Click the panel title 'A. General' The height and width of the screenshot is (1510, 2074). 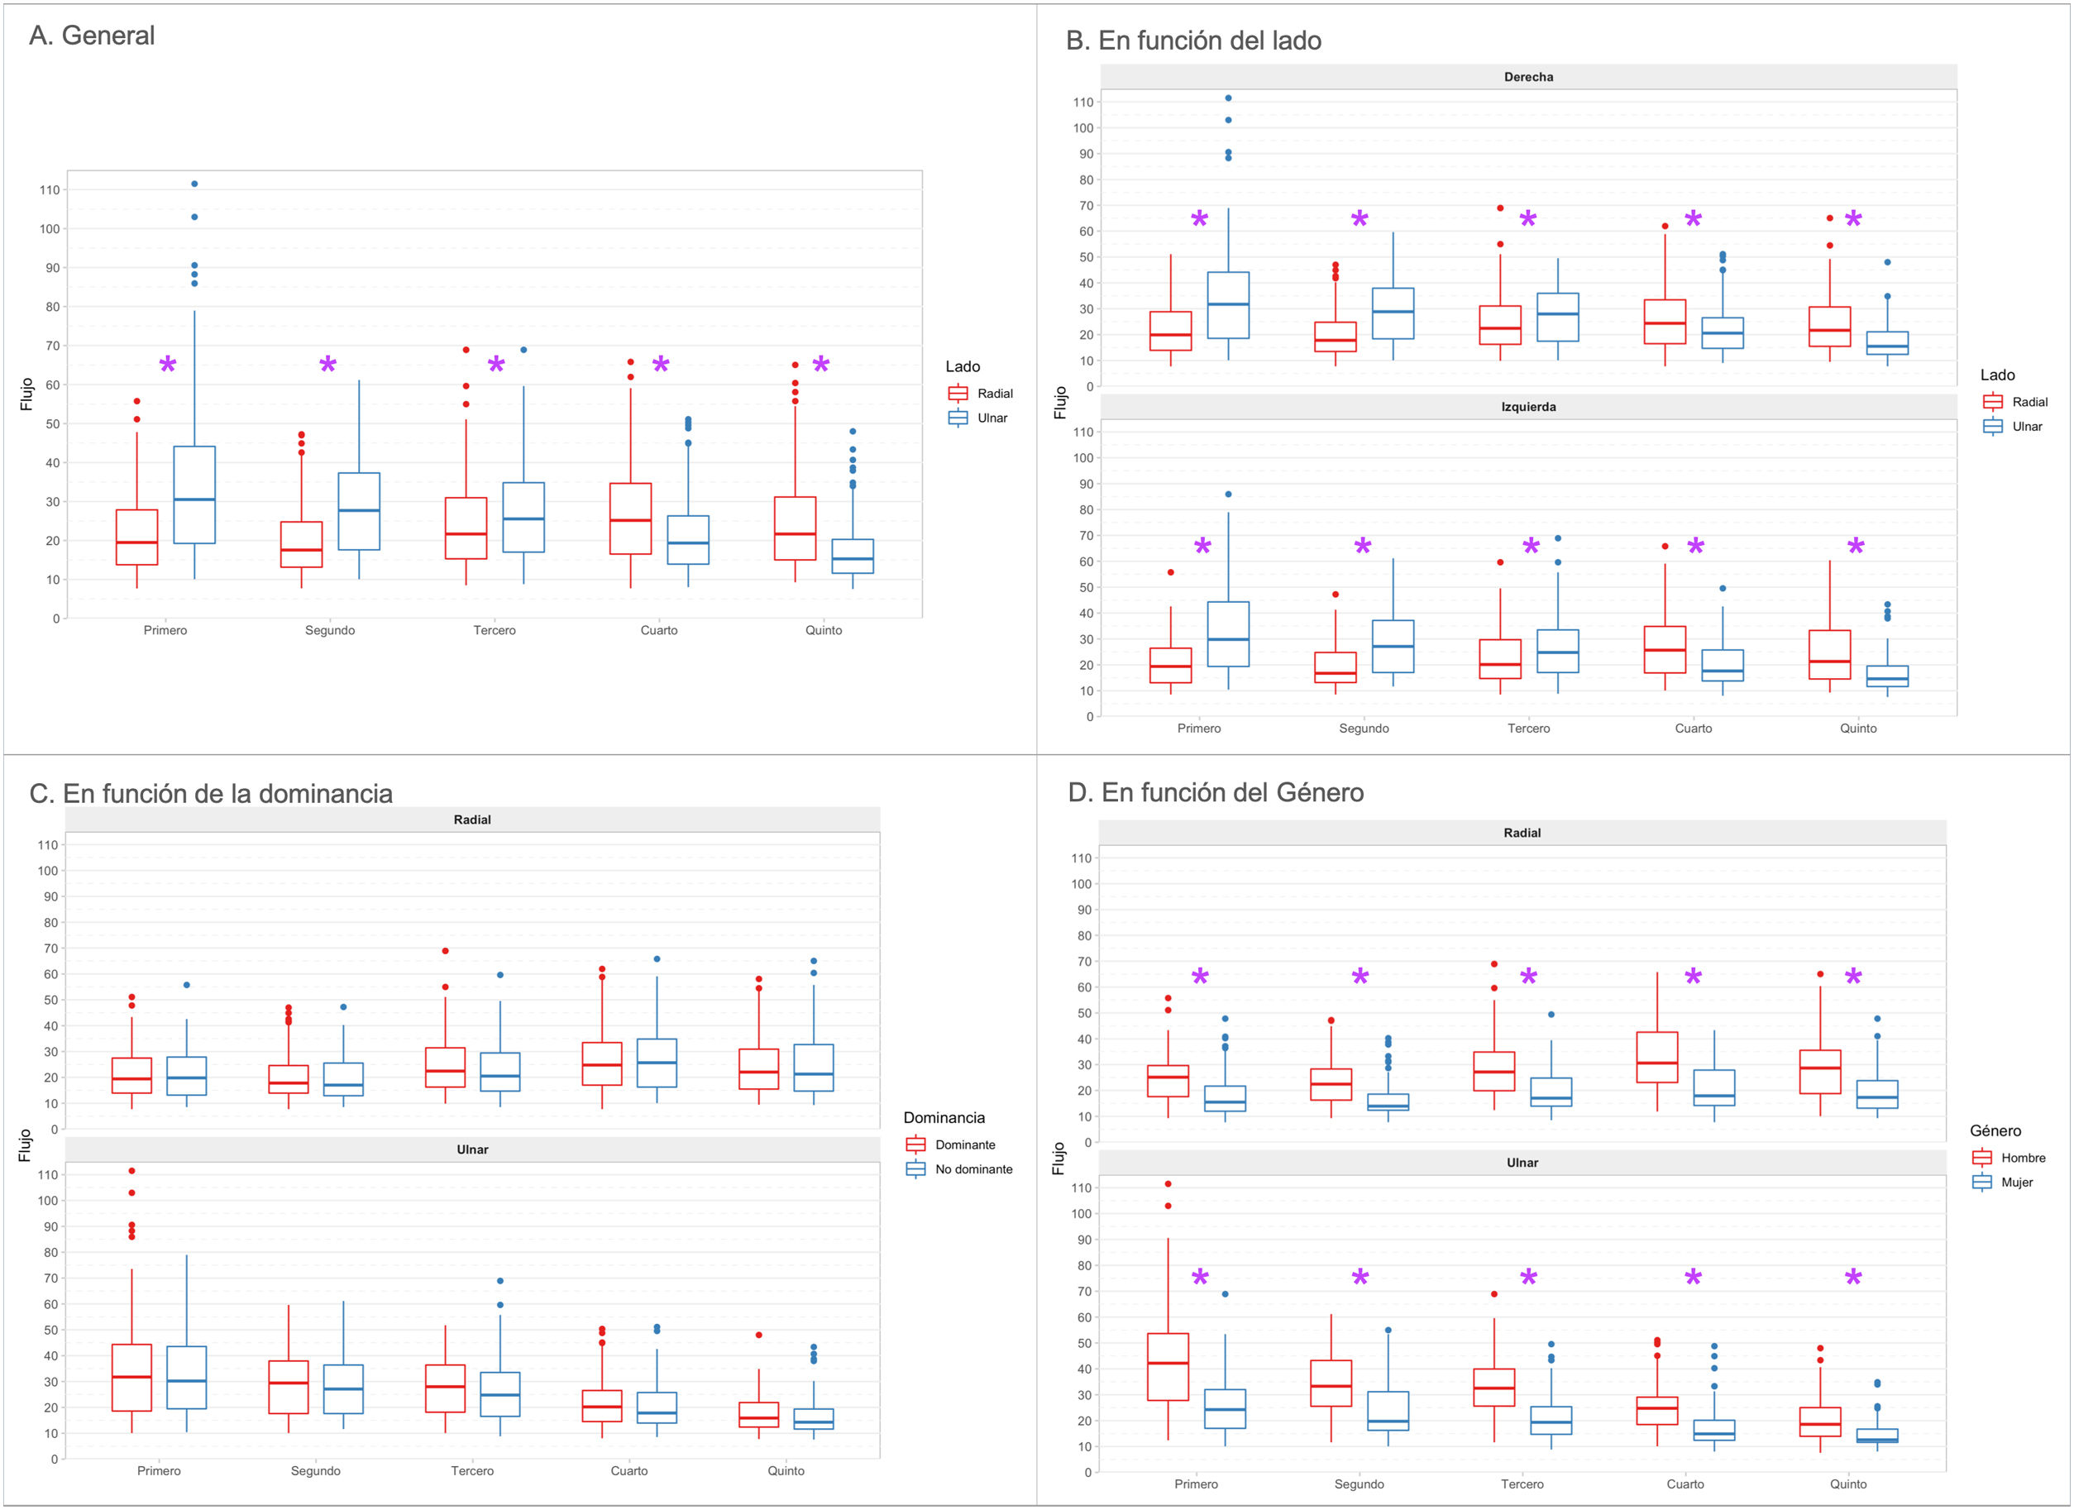[92, 36]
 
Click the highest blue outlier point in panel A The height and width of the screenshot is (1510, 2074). [194, 184]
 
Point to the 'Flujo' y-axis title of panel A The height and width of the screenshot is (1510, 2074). [26, 394]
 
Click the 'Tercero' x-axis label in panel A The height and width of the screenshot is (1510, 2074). [494, 630]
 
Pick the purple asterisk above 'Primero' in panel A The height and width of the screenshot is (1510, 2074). [167, 366]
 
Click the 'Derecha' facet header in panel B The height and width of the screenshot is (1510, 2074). [1528, 77]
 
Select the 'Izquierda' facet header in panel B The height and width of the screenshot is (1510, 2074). [1528, 407]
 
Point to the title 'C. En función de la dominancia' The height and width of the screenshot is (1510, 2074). [210, 793]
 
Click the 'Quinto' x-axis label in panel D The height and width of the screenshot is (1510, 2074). [1847, 1484]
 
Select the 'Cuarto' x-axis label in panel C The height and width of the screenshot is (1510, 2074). [629, 1470]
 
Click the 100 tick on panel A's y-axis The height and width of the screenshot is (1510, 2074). [50, 228]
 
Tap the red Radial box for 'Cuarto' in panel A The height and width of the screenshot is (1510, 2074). [630, 518]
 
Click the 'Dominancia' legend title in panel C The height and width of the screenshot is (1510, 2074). [944, 1118]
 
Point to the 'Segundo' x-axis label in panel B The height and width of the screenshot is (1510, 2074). [1364, 728]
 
